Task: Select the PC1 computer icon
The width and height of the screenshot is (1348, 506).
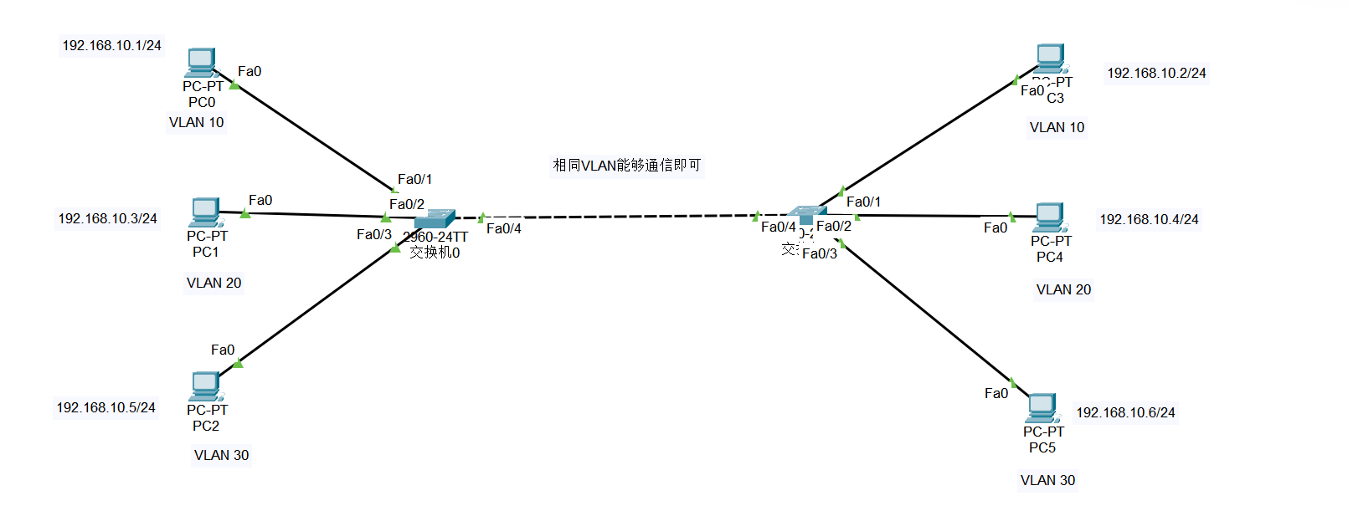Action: [x=205, y=212]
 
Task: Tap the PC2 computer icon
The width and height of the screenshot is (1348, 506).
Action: [x=205, y=386]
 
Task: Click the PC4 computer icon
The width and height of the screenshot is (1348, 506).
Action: [x=1049, y=217]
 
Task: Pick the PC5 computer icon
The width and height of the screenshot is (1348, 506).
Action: [x=1042, y=408]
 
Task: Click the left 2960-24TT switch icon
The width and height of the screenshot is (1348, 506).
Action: [x=435, y=219]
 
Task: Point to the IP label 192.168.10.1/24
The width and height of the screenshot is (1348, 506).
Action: [x=111, y=45]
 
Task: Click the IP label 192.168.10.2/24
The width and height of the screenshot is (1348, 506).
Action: [x=1156, y=73]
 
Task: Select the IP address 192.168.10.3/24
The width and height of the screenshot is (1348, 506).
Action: [x=107, y=218]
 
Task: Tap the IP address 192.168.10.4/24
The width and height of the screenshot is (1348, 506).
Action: [x=1149, y=219]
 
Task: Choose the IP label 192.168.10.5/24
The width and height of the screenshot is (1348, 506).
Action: [x=105, y=407]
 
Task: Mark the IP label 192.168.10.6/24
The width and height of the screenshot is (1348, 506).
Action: [x=1125, y=412]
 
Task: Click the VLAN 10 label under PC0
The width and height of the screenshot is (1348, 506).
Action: [x=196, y=122]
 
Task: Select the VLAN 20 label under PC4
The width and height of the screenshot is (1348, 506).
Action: [x=1063, y=289]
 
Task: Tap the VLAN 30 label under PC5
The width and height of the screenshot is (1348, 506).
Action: [x=1047, y=480]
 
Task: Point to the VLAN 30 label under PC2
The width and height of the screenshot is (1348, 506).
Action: [x=221, y=455]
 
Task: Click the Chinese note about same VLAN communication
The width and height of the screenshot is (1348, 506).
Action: [x=627, y=165]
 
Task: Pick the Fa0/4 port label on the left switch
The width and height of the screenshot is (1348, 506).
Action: [x=503, y=228]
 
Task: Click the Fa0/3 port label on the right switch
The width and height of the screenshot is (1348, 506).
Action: [x=819, y=253]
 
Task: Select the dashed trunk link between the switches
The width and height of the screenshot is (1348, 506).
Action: [x=620, y=217]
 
